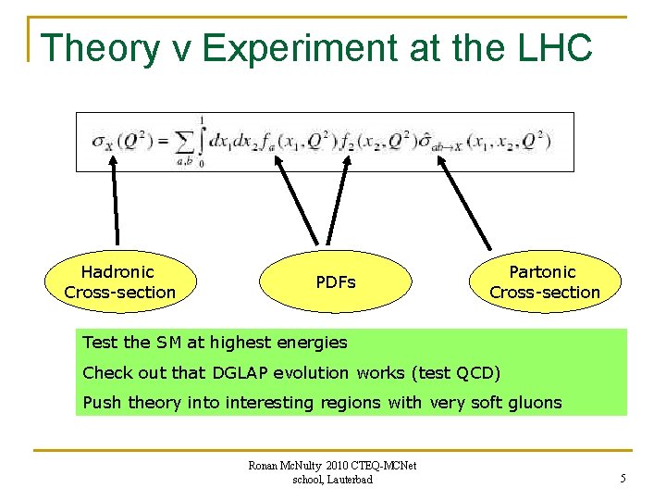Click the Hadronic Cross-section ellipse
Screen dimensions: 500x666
[x=120, y=281]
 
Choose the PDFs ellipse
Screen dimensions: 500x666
[x=335, y=281]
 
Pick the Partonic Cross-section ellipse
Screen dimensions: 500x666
[x=544, y=281]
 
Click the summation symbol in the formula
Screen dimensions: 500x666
[x=186, y=142]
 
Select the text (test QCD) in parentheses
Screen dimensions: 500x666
[x=451, y=372]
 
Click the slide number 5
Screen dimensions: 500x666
[x=623, y=479]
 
